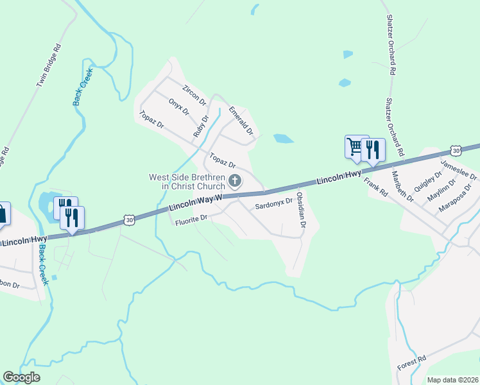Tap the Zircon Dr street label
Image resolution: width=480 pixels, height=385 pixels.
point(194,94)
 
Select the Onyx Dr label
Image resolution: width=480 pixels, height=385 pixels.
point(179,107)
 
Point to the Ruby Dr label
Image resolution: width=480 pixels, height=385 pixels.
point(201,126)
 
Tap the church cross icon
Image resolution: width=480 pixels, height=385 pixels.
point(235,181)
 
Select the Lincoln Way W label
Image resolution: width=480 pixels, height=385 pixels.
point(195,203)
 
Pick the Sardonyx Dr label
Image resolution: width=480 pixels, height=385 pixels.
point(273,205)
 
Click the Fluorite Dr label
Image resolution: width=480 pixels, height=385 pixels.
point(192,219)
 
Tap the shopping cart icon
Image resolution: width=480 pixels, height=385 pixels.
point(354,146)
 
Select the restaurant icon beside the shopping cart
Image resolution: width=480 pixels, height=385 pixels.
point(373,150)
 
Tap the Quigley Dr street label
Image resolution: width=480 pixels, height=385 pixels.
point(430,178)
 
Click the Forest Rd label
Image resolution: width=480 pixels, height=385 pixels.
point(411,363)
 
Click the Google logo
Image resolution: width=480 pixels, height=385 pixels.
point(21,377)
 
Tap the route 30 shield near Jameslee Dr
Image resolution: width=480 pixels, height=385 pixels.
point(456,150)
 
